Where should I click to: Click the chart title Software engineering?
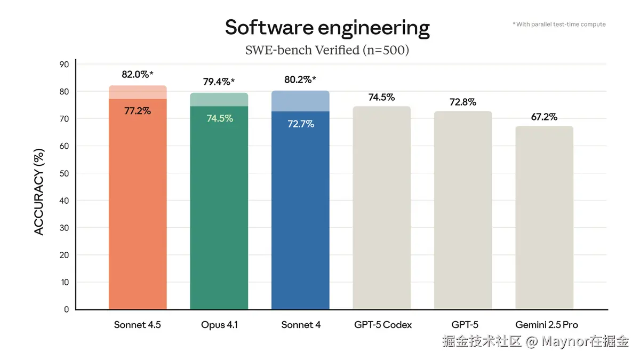click(x=327, y=27)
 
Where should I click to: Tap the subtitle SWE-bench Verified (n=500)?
click(x=327, y=50)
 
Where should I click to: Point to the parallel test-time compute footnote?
click(x=559, y=25)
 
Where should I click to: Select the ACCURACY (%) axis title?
click(x=39, y=191)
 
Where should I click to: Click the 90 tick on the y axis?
click(x=64, y=65)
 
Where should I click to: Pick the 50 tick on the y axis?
click(x=64, y=173)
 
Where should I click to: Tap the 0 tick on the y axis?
click(x=66, y=309)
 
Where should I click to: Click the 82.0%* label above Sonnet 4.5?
click(x=137, y=75)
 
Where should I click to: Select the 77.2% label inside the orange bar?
click(x=138, y=111)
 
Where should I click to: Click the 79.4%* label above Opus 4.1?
click(x=219, y=82)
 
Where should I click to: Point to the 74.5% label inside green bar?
click(x=219, y=118)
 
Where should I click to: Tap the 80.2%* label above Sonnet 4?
click(x=300, y=80)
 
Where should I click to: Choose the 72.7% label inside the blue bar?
click(x=300, y=124)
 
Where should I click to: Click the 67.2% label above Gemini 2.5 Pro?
click(x=544, y=117)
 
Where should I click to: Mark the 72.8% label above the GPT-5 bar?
click(x=462, y=102)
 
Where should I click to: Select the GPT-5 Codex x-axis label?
click(x=382, y=325)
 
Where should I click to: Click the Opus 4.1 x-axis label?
click(x=219, y=325)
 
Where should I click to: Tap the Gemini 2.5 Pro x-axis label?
click(x=546, y=325)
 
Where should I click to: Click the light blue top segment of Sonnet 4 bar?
click(x=300, y=101)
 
